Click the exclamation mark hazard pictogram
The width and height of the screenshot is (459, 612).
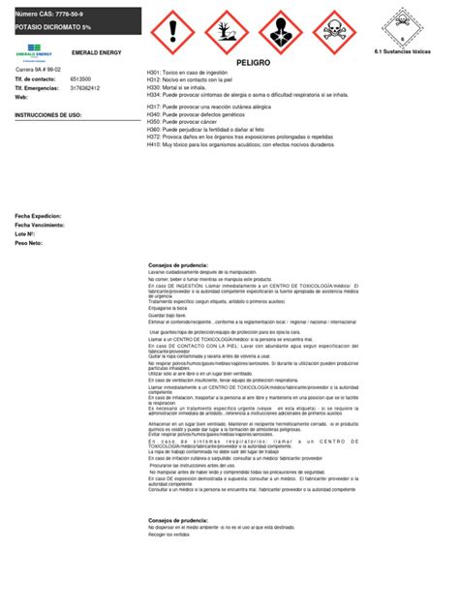click(174, 31)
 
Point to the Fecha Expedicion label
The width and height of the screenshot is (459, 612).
click(38, 216)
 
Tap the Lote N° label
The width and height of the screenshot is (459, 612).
click(25, 234)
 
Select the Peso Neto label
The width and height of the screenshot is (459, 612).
click(29, 243)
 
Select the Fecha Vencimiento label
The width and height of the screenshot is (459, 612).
click(40, 225)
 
